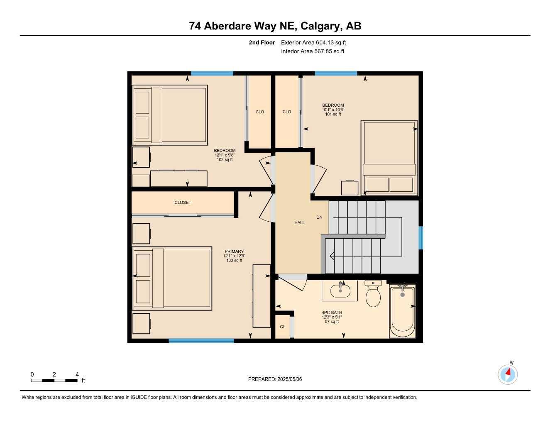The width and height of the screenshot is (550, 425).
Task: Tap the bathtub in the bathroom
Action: click(x=402, y=311)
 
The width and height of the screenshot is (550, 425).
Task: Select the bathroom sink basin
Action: click(x=340, y=291)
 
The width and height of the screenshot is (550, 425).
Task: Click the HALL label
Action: click(x=299, y=223)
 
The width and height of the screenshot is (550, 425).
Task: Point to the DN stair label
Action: click(x=319, y=217)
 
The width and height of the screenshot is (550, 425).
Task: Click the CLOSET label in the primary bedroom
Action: click(x=183, y=203)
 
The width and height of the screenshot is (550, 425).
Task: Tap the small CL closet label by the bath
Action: click(x=282, y=327)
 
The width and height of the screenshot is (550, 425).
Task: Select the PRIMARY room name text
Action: click(x=234, y=252)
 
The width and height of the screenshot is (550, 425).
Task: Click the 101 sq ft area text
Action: click(x=333, y=114)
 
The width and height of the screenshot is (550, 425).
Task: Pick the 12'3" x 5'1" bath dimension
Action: click(x=332, y=317)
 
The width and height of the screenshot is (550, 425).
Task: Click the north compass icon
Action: click(x=508, y=374)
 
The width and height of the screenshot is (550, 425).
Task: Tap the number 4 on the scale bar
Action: click(x=77, y=374)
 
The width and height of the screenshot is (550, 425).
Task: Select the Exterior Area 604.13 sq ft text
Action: click(x=313, y=42)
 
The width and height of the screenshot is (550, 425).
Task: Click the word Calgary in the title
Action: click(x=320, y=26)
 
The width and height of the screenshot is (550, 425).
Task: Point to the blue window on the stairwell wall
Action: click(x=420, y=238)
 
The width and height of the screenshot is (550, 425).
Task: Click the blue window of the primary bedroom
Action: click(x=201, y=341)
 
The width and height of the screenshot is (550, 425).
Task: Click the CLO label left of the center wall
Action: click(x=260, y=112)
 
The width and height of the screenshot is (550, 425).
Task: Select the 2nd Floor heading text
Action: click(x=262, y=42)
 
